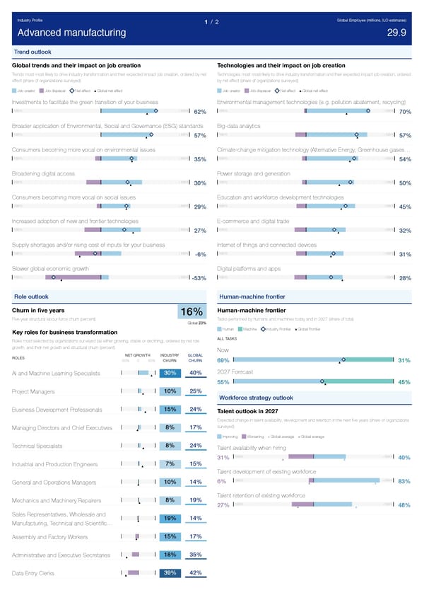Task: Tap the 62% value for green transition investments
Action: point(199,112)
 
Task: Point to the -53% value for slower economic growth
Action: point(198,278)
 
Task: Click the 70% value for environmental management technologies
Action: point(405,112)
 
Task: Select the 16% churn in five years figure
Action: point(192,313)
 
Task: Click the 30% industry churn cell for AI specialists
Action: point(170,374)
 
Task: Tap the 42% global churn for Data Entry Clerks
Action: point(196,573)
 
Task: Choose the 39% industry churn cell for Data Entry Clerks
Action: point(170,573)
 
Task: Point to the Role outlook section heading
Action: point(31,296)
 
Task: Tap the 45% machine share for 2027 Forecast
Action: point(405,383)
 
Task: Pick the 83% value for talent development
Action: point(405,482)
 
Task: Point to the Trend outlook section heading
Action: point(33,52)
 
